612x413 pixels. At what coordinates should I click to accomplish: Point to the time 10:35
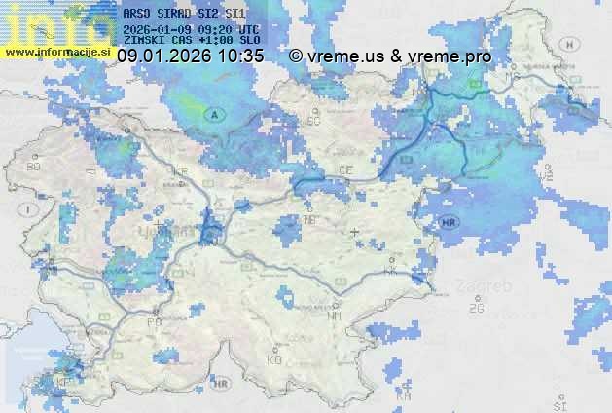(241, 56)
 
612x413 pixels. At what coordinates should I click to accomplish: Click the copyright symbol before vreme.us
(296, 56)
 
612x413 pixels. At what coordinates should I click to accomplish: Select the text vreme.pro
(453, 56)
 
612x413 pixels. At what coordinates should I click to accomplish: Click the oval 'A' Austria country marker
(213, 114)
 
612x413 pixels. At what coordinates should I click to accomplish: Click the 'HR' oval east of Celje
(449, 223)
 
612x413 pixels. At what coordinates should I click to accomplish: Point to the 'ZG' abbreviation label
(476, 309)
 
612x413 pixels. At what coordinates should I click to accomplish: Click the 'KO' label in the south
(274, 359)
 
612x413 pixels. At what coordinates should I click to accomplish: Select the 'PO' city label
(154, 320)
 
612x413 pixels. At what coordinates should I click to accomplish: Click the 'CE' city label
(345, 169)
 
